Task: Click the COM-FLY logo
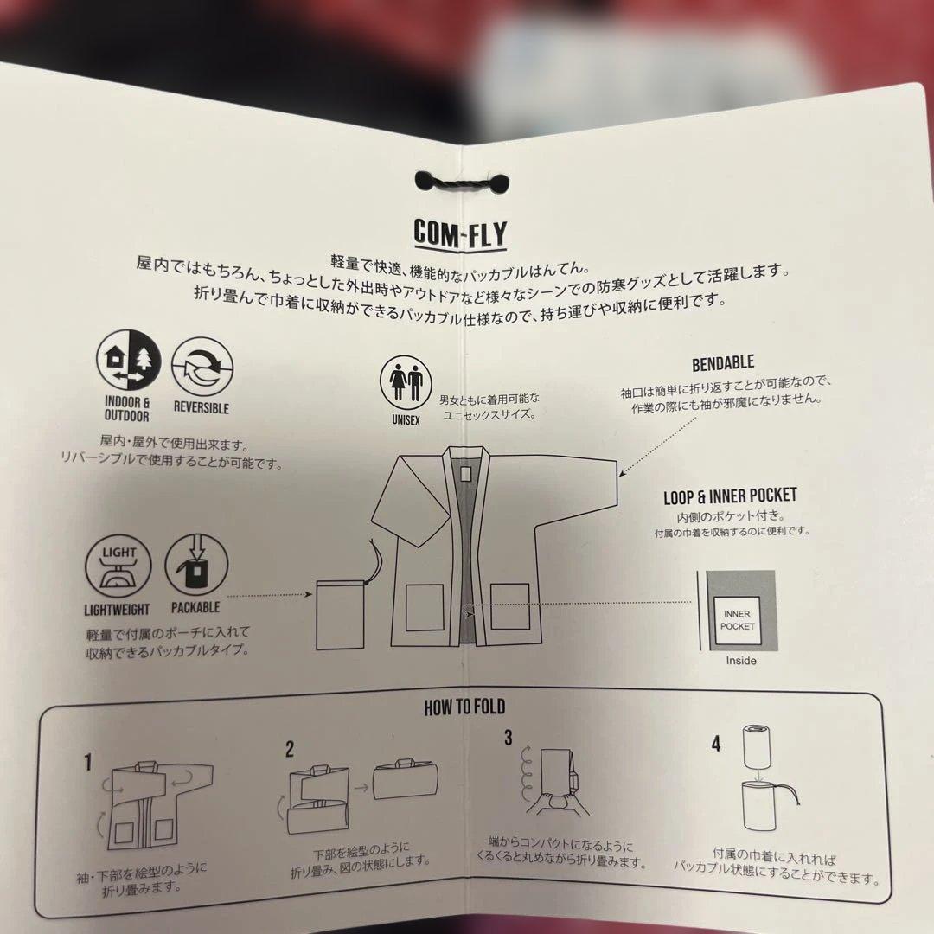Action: (460, 233)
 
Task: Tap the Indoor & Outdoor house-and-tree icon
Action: (129, 362)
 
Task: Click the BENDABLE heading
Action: (723, 363)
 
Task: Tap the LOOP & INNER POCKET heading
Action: (730, 496)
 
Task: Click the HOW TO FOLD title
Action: (464, 708)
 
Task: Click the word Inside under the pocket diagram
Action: (740, 661)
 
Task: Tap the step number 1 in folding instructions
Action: (87, 762)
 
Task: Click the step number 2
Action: (290, 748)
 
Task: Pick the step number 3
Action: (509, 738)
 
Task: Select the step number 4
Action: (716, 743)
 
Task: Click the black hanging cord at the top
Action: (461, 182)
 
